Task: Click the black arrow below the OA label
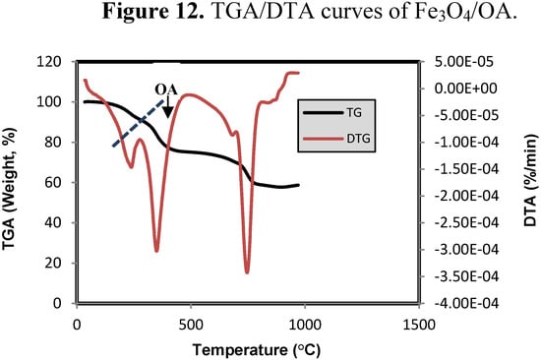pyautogui.click(x=168, y=107)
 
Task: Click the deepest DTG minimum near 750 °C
pyautogui.click(x=247, y=271)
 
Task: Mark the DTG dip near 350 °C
pyautogui.click(x=156, y=251)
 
